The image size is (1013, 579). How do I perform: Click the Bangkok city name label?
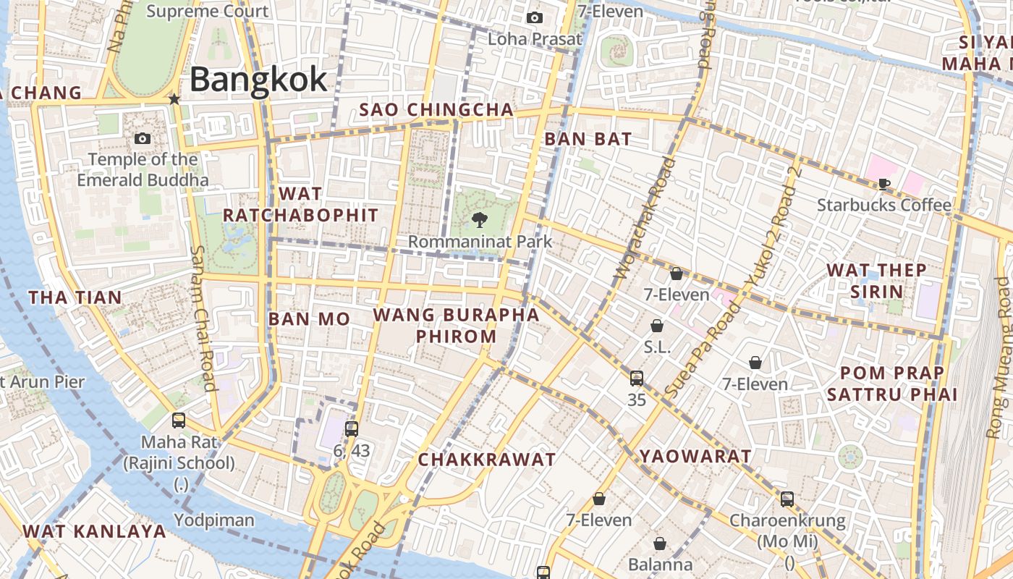[258, 79]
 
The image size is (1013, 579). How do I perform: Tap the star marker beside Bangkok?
[174, 98]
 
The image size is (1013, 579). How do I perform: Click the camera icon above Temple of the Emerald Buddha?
[143, 138]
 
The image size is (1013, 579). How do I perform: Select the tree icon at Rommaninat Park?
[478, 220]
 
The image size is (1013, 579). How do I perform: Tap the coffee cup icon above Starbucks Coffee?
[883, 184]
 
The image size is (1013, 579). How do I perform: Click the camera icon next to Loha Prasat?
[535, 17]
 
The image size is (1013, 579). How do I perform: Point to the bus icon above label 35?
[637, 378]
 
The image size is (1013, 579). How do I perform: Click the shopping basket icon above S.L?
[657, 326]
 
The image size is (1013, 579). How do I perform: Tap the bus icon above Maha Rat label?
[178, 420]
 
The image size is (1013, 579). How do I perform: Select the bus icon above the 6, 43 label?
[352, 428]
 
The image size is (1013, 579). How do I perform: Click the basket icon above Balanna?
[660, 543]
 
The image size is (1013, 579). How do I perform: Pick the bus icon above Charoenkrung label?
[787, 499]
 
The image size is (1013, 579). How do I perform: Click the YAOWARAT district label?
[695, 456]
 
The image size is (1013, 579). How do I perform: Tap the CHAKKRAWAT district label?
[487, 460]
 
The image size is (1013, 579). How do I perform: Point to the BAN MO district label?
[309, 319]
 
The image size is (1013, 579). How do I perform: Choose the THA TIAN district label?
[75, 297]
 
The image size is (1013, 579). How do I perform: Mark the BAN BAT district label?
[588, 139]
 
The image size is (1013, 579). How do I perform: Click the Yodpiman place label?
[214, 520]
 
